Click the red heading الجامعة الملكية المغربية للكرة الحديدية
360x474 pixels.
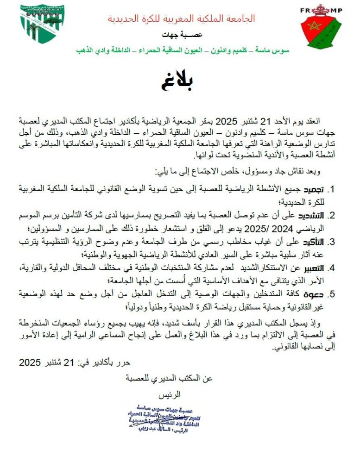tap(181, 19)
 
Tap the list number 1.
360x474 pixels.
tap(331, 189)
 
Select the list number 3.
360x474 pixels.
tap(331, 242)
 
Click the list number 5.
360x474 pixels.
tap(331, 295)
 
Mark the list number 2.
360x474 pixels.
tap(331, 216)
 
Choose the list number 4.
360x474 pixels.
tap(331, 268)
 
